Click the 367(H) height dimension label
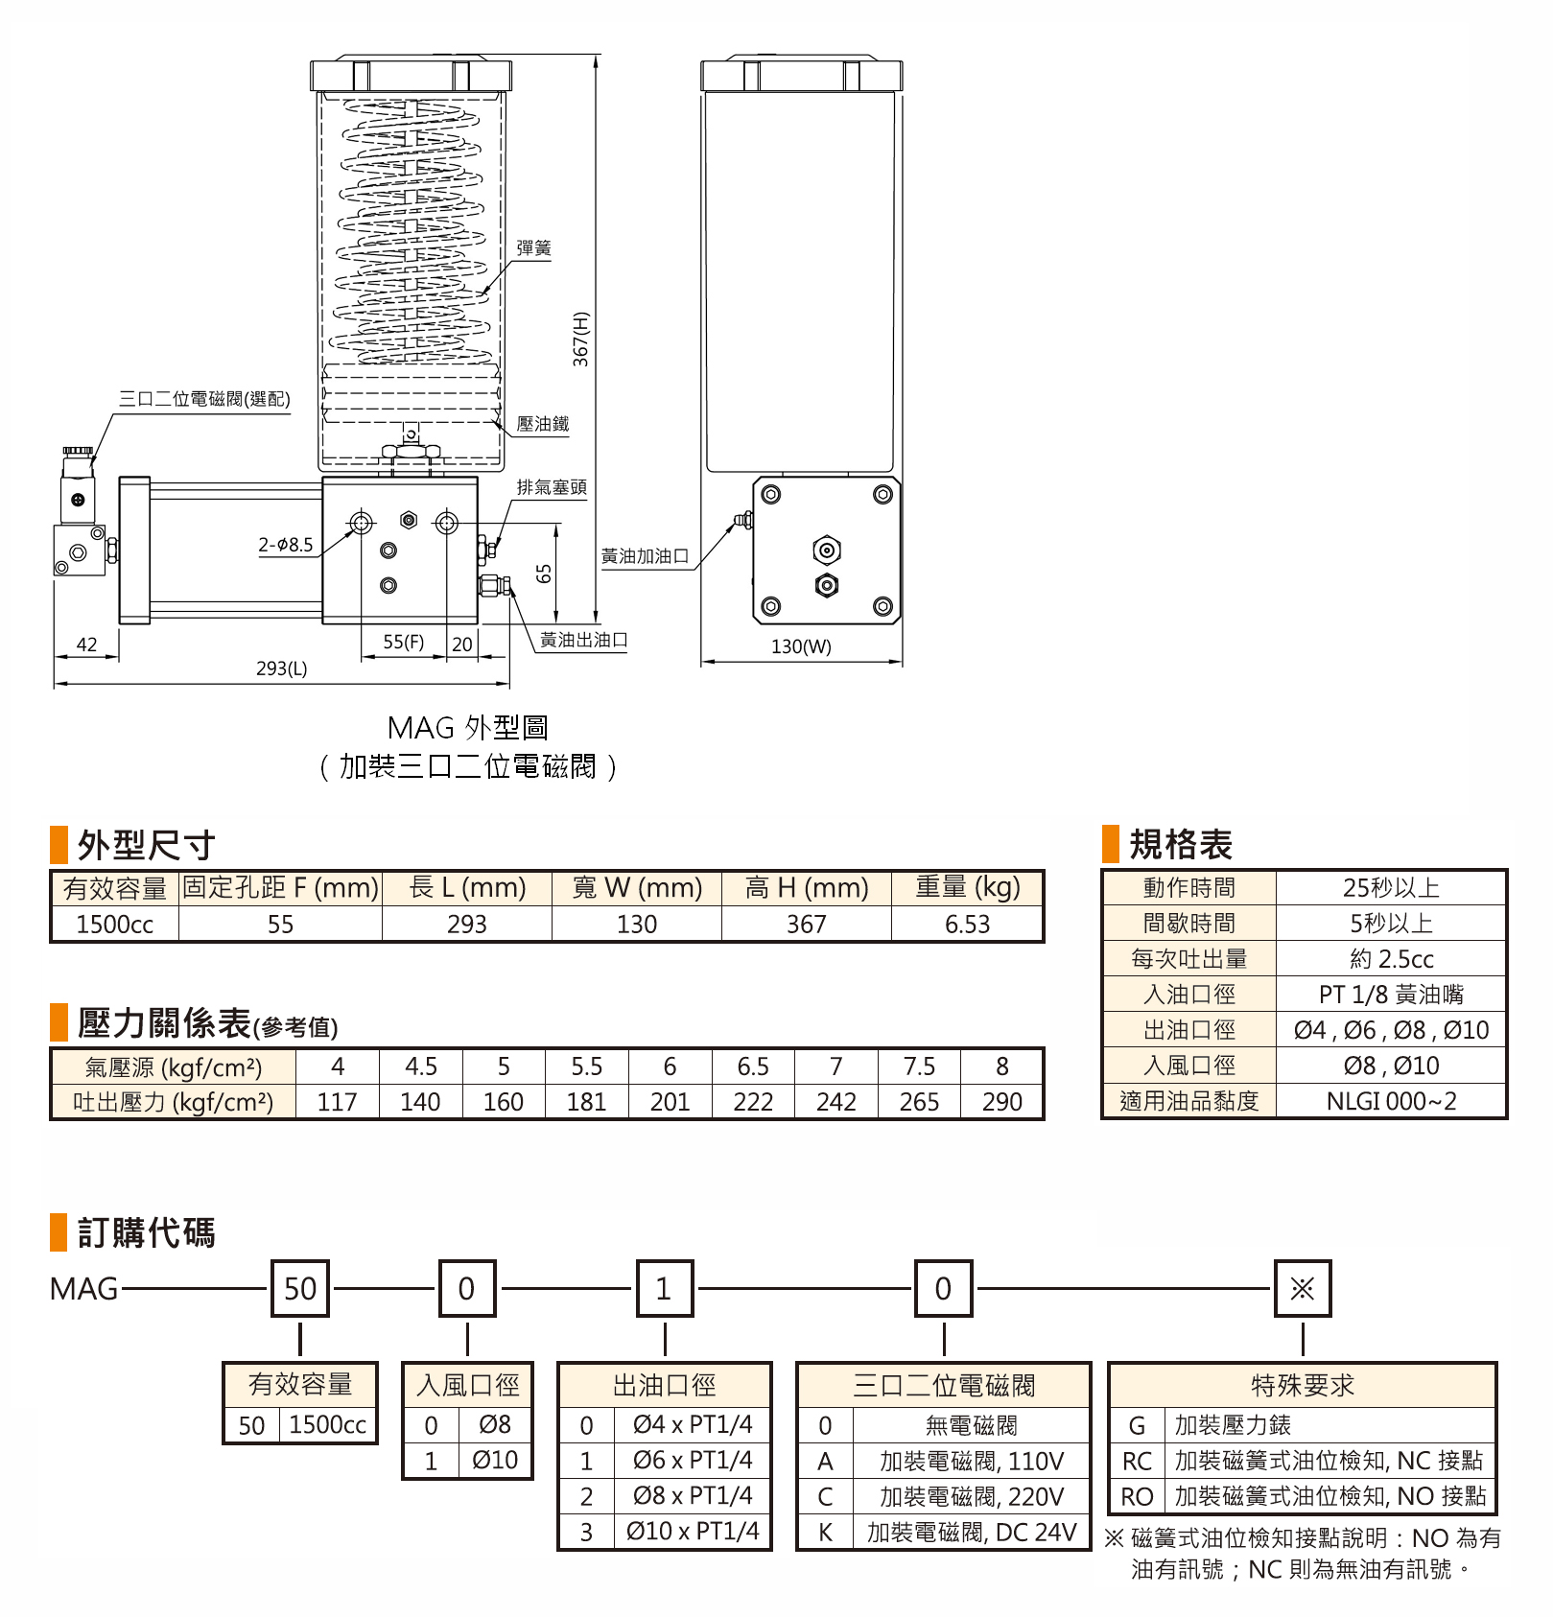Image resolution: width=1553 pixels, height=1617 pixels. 580,339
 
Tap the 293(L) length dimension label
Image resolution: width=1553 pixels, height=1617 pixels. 281,668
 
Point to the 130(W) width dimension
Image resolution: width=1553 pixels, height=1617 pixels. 801,646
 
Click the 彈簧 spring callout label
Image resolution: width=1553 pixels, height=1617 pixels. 533,248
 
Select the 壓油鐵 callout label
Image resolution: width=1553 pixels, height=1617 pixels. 542,424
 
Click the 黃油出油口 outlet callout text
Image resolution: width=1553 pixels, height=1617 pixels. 583,640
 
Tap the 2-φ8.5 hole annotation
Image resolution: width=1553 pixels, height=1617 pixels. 286,545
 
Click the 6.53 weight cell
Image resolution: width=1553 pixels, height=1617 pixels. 967,925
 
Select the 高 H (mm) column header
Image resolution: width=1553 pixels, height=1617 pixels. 807,888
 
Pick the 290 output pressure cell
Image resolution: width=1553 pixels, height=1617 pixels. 1001,1102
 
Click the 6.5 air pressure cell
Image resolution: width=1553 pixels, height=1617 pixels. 753,1066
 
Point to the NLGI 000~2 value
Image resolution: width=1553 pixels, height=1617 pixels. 1391,1101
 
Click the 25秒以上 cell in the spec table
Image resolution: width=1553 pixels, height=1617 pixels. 1391,888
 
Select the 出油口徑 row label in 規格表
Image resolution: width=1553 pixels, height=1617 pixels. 1189,1030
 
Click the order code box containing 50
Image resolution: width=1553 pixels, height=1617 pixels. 300,1288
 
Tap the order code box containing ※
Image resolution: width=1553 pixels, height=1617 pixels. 1302,1288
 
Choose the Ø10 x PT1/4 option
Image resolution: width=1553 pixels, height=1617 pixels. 693,1532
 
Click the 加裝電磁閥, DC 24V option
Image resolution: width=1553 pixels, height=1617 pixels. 972,1533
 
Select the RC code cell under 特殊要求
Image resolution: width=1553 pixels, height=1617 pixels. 1137,1462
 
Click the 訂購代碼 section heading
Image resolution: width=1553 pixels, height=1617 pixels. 146,1232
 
